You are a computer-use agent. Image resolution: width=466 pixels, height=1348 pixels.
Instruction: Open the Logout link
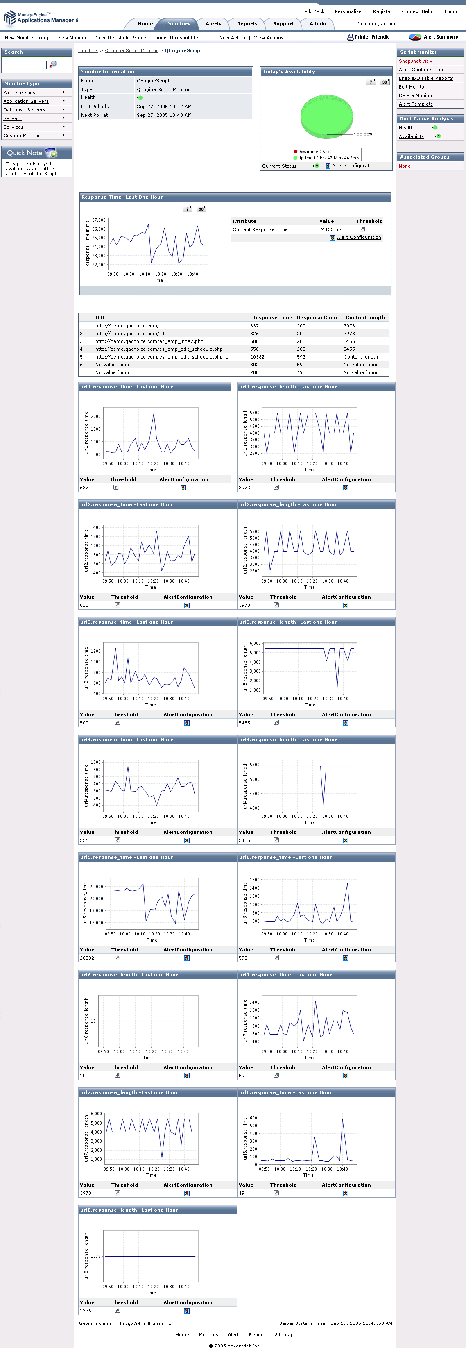[x=452, y=11]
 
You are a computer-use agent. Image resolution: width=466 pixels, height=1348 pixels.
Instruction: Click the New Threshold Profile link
[x=120, y=38]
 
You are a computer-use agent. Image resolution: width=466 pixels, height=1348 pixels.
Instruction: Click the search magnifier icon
[x=53, y=64]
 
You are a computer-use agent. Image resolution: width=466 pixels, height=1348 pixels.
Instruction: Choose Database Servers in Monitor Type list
[x=24, y=110]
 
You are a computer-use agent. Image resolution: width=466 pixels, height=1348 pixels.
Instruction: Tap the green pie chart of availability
[x=326, y=116]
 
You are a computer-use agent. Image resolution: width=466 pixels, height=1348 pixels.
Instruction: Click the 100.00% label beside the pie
[x=363, y=134]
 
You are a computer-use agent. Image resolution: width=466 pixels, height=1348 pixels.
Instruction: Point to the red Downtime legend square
[x=295, y=151]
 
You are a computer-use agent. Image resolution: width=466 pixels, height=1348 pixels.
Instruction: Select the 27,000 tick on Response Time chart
[x=99, y=220]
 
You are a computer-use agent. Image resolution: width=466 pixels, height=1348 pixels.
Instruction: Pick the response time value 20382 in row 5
[x=257, y=357]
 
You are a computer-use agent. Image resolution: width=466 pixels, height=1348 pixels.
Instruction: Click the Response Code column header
[x=317, y=318]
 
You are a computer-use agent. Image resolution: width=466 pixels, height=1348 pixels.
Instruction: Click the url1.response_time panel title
[x=127, y=387]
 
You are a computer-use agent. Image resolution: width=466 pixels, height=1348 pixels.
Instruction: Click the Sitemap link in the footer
[x=284, y=1335]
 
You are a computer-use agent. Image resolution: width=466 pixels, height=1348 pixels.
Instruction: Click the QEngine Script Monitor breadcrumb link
[x=131, y=51]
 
